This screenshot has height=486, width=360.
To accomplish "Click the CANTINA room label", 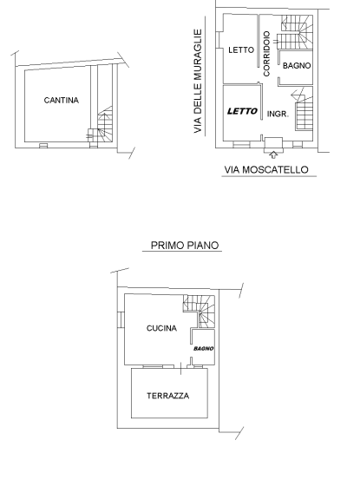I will pos(61,101).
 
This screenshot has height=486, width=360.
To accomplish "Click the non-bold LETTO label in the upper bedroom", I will pos(240,50).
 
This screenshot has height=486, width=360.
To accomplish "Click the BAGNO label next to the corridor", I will pos(297,65).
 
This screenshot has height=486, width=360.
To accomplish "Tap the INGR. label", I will pos(278,114).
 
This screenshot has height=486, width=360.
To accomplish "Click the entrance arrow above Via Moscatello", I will pos(274,154).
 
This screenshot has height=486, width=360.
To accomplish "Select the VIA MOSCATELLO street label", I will pos(266,170).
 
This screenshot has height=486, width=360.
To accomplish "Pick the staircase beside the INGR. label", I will pos(304,113).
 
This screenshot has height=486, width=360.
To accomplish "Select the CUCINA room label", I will pos(161,328).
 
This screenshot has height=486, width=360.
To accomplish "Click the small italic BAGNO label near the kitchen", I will pos(204,348).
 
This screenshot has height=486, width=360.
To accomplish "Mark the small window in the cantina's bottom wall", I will pos(44,146).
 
